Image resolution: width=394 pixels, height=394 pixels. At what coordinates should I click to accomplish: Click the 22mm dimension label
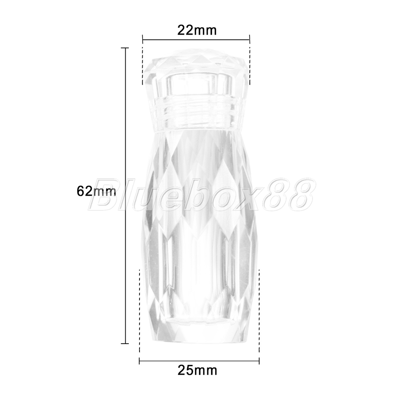coord(197,30)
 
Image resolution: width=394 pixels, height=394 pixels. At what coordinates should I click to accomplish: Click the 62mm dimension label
coord(97,191)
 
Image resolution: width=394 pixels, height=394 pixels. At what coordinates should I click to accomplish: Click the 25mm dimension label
coord(197,370)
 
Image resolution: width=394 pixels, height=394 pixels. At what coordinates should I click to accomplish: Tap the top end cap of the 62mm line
coord(125,48)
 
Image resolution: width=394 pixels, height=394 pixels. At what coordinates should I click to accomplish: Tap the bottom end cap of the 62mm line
coord(125,343)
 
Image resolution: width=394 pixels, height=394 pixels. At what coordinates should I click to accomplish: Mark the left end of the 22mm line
coord(143,39)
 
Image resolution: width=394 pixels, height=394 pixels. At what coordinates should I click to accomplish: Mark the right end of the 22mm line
coord(249,39)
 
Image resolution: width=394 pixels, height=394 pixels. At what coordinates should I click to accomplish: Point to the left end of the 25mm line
coord(139,362)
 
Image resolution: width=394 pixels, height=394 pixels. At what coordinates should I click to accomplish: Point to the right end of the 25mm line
coord(259,362)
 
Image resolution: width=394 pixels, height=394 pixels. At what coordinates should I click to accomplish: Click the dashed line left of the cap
coord(143,66)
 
